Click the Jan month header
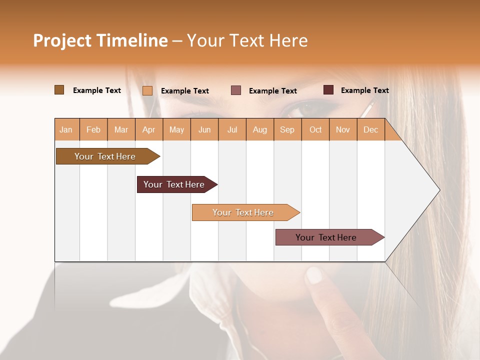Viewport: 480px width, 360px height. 66,129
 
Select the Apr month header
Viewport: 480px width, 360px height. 148,129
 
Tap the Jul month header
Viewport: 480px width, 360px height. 232,129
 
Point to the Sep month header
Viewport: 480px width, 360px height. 287,129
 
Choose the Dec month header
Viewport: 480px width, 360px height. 370,129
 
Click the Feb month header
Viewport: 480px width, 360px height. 93,129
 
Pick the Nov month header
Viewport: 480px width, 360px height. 342,129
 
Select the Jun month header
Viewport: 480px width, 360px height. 204,129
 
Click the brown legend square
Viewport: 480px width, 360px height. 59,90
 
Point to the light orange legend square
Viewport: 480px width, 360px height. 147,90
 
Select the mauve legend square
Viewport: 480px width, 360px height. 236,90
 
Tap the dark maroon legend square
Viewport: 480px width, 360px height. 328,90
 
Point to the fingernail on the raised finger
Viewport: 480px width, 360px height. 313,274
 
